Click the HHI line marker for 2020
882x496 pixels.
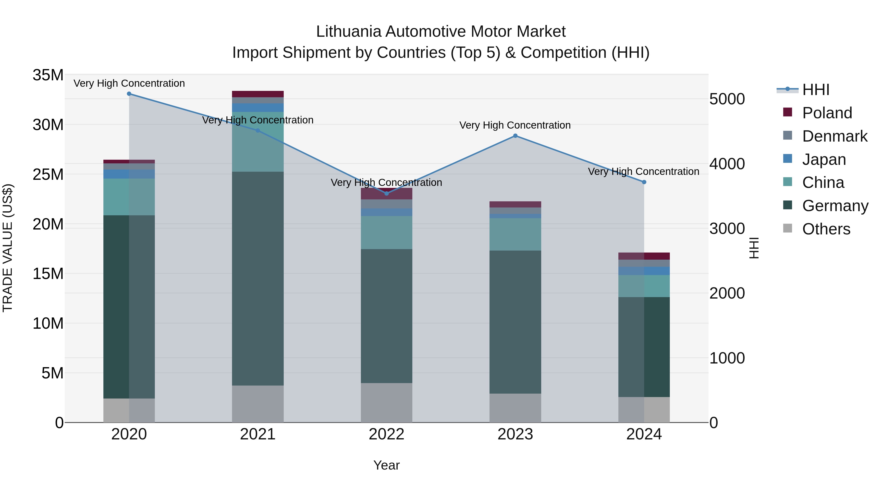point(129,94)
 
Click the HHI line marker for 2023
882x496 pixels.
point(515,136)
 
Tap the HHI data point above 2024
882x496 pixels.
point(644,182)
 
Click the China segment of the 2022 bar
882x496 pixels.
point(387,232)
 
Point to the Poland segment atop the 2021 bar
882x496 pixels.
point(258,94)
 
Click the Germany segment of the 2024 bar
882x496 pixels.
point(644,347)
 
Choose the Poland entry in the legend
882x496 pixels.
point(827,113)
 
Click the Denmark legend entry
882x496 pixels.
point(834,136)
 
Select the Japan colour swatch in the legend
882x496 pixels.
point(787,159)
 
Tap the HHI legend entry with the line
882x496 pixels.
point(816,90)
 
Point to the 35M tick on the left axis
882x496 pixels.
point(48,75)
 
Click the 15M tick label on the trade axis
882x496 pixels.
point(48,274)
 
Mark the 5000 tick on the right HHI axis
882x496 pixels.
point(727,99)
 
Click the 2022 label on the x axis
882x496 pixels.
point(387,434)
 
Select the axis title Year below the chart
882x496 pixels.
point(387,465)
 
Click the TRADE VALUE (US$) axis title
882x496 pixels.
point(8,248)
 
